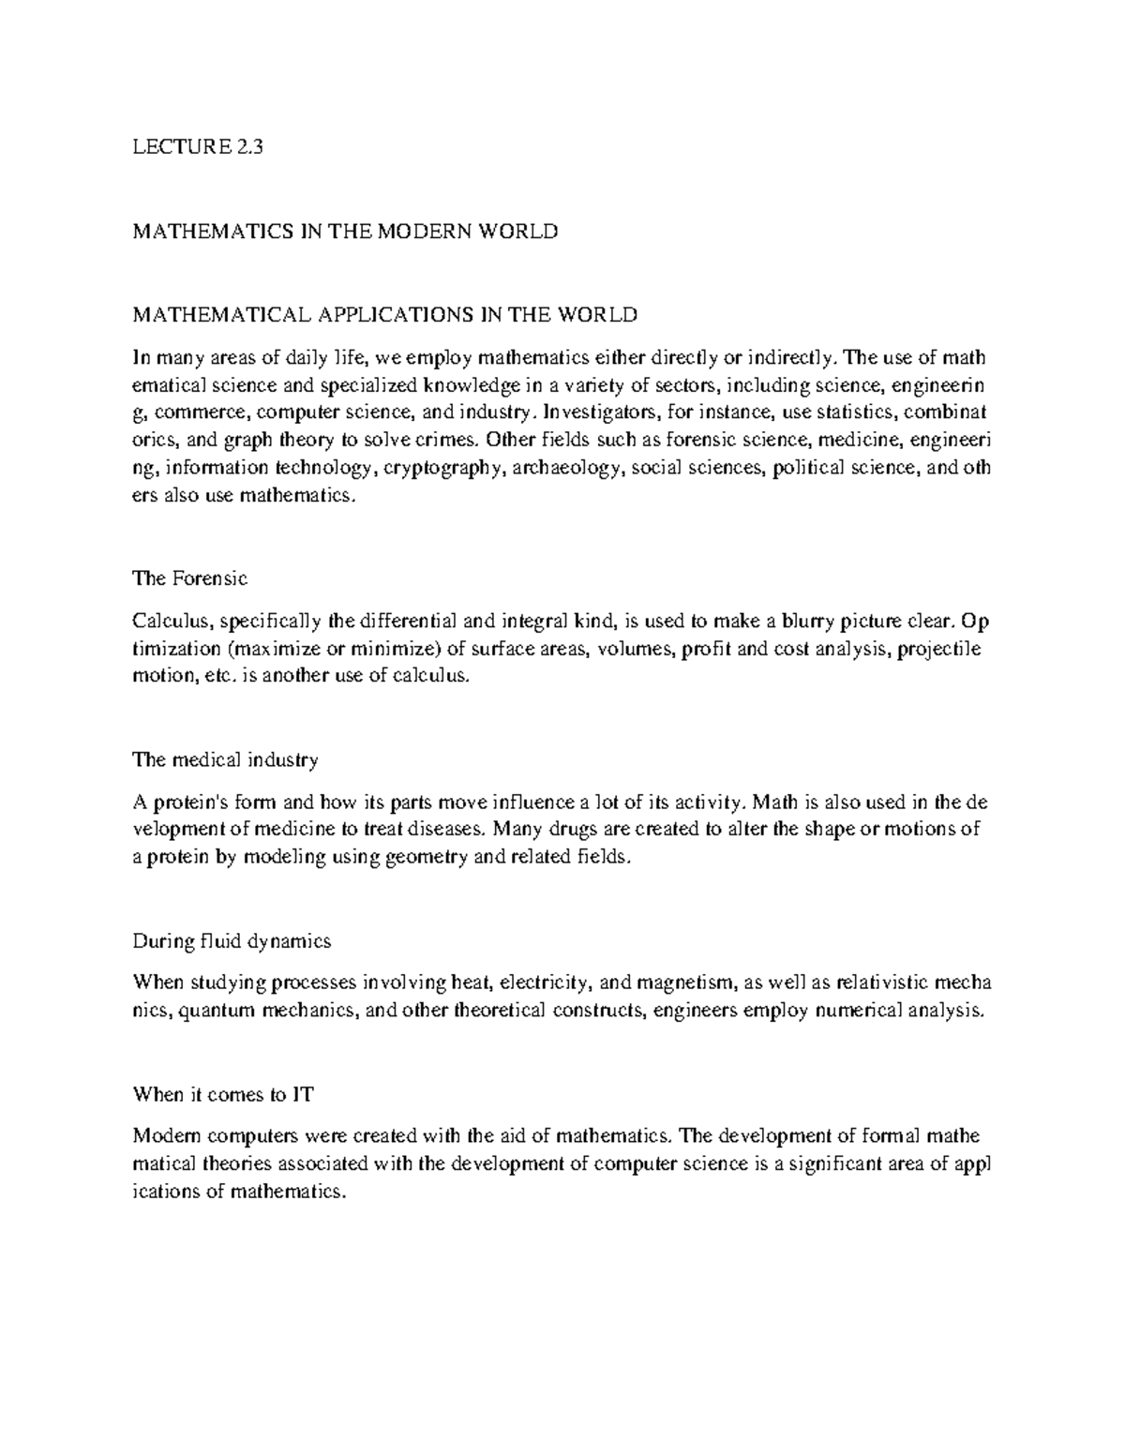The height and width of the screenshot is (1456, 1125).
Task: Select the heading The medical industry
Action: point(226,759)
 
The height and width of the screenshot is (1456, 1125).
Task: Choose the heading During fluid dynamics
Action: point(232,940)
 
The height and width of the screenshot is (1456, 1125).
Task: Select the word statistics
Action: point(851,412)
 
